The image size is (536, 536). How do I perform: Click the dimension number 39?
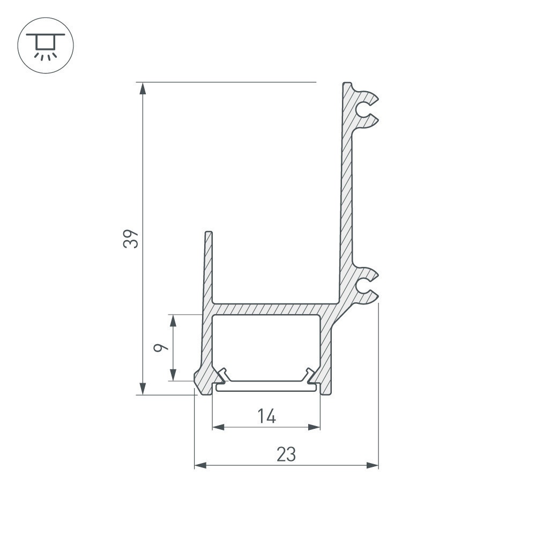pyautogui.click(x=131, y=239)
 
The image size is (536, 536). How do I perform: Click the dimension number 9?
pyautogui.click(x=161, y=348)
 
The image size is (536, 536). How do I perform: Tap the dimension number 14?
pyautogui.click(x=266, y=416)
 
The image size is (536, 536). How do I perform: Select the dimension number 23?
pyautogui.click(x=286, y=455)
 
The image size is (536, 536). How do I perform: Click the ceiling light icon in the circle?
pyautogui.click(x=46, y=46)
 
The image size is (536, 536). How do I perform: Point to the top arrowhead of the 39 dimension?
pyautogui.click(x=143, y=88)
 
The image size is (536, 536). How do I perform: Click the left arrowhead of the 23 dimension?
pyautogui.click(x=200, y=465)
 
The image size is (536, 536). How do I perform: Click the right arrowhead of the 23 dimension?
pyautogui.click(x=373, y=465)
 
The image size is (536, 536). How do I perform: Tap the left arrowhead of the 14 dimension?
pyautogui.click(x=219, y=427)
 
